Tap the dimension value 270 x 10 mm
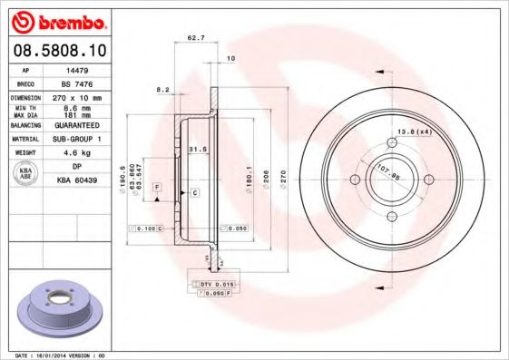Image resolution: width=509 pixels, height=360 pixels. (77, 96)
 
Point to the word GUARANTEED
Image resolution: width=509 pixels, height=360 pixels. (77, 125)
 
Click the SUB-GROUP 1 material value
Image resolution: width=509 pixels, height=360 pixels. (77, 139)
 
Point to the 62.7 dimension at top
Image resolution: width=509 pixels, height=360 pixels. (194, 39)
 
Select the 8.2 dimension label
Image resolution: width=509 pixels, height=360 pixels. (163, 90)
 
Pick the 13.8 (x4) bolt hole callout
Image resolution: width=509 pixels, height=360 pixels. (414, 133)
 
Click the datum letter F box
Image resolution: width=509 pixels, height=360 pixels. (157, 186)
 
